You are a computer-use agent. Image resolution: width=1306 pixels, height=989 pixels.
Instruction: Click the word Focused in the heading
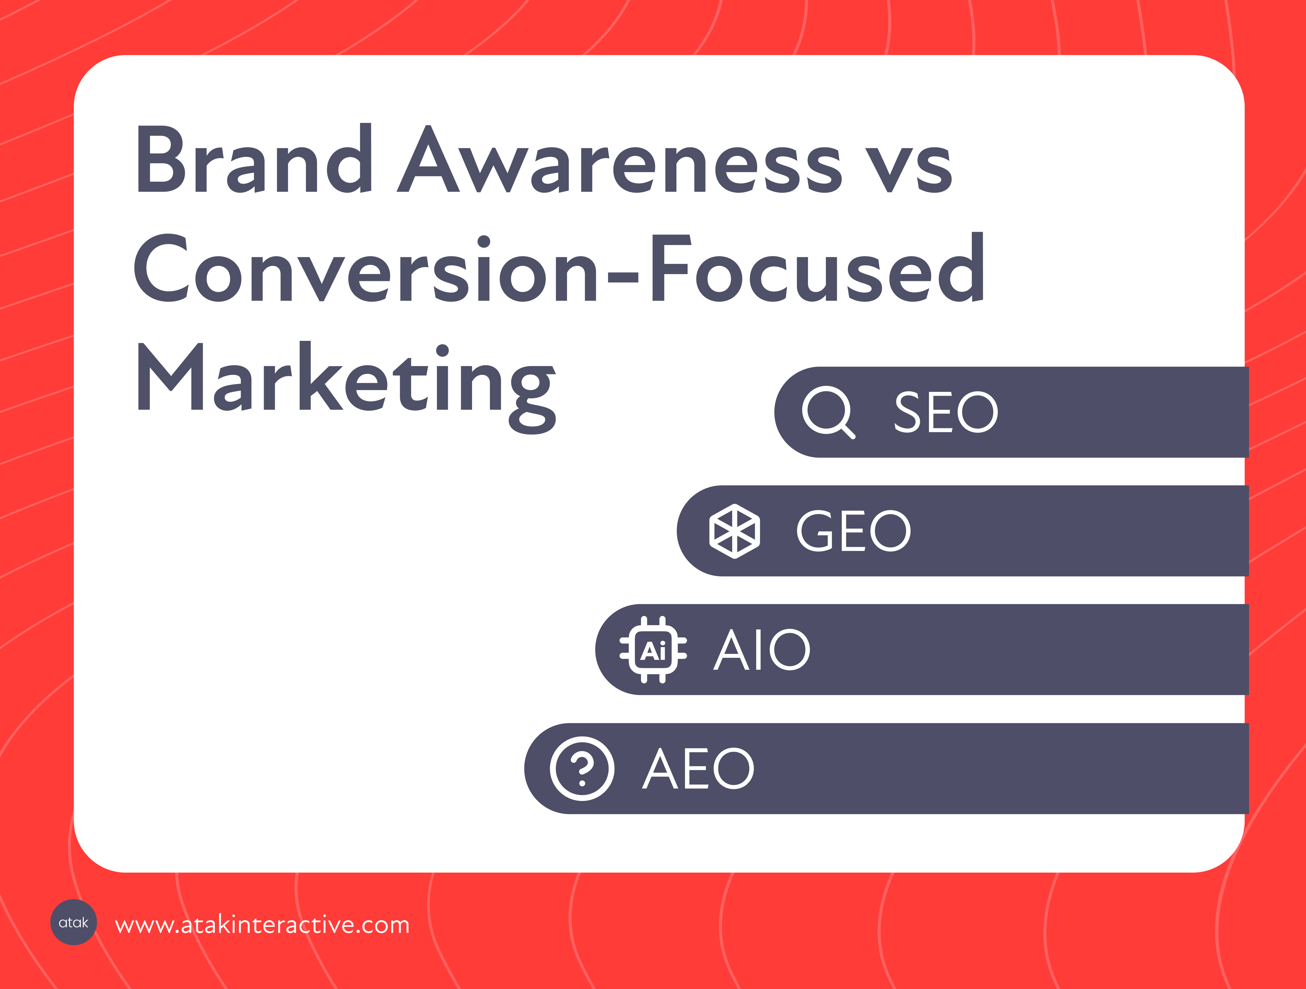click(818, 267)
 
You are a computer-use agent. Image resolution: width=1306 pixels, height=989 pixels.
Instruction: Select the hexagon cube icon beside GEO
click(734, 531)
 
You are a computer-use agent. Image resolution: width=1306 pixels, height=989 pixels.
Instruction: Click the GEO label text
click(854, 531)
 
